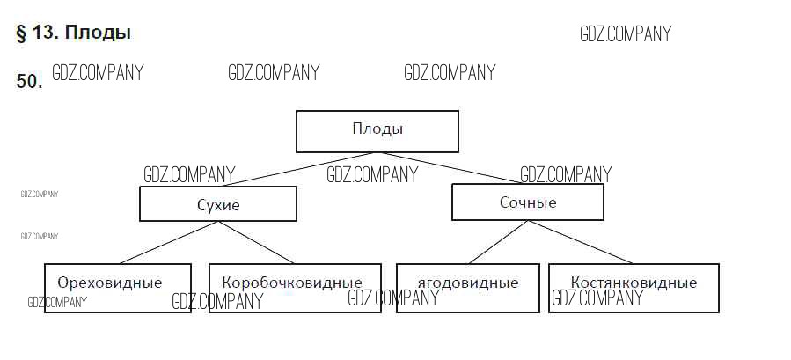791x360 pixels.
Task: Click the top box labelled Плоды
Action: (x=377, y=130)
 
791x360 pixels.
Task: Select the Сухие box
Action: (x=217, y=205)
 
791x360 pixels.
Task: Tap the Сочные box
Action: (x=527, y=202)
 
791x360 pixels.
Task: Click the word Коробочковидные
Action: (x=292, y=283)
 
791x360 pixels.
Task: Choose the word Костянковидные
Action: (x=633, y=283)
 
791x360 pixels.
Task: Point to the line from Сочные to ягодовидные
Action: (x=497, y=242)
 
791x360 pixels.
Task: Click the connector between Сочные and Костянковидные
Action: (x=581, y=242)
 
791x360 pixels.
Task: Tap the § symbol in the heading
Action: (x=21, y=33)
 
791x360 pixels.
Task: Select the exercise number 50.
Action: (x=29, y=82)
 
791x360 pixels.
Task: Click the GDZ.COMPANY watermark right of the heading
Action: (x=625, y=34)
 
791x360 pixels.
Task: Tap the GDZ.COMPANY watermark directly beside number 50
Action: (x=98, y=73)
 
